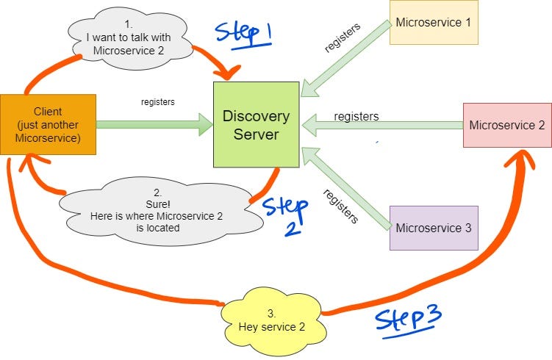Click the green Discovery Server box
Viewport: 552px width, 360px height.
pos(256,124)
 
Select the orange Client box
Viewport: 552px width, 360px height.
pos(48,124)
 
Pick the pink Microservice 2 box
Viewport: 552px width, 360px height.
pos(506,125)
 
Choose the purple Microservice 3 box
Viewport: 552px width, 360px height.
pos(434,228)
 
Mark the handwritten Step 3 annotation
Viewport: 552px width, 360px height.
pos(408,320)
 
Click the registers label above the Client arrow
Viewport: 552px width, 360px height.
pos(157,102)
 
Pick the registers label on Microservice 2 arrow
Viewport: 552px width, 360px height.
pos(356,116)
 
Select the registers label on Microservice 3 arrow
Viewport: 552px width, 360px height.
pos(340,206)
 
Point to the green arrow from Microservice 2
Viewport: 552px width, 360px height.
pos(382,125)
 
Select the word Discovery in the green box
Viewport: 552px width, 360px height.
pos(256,116)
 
